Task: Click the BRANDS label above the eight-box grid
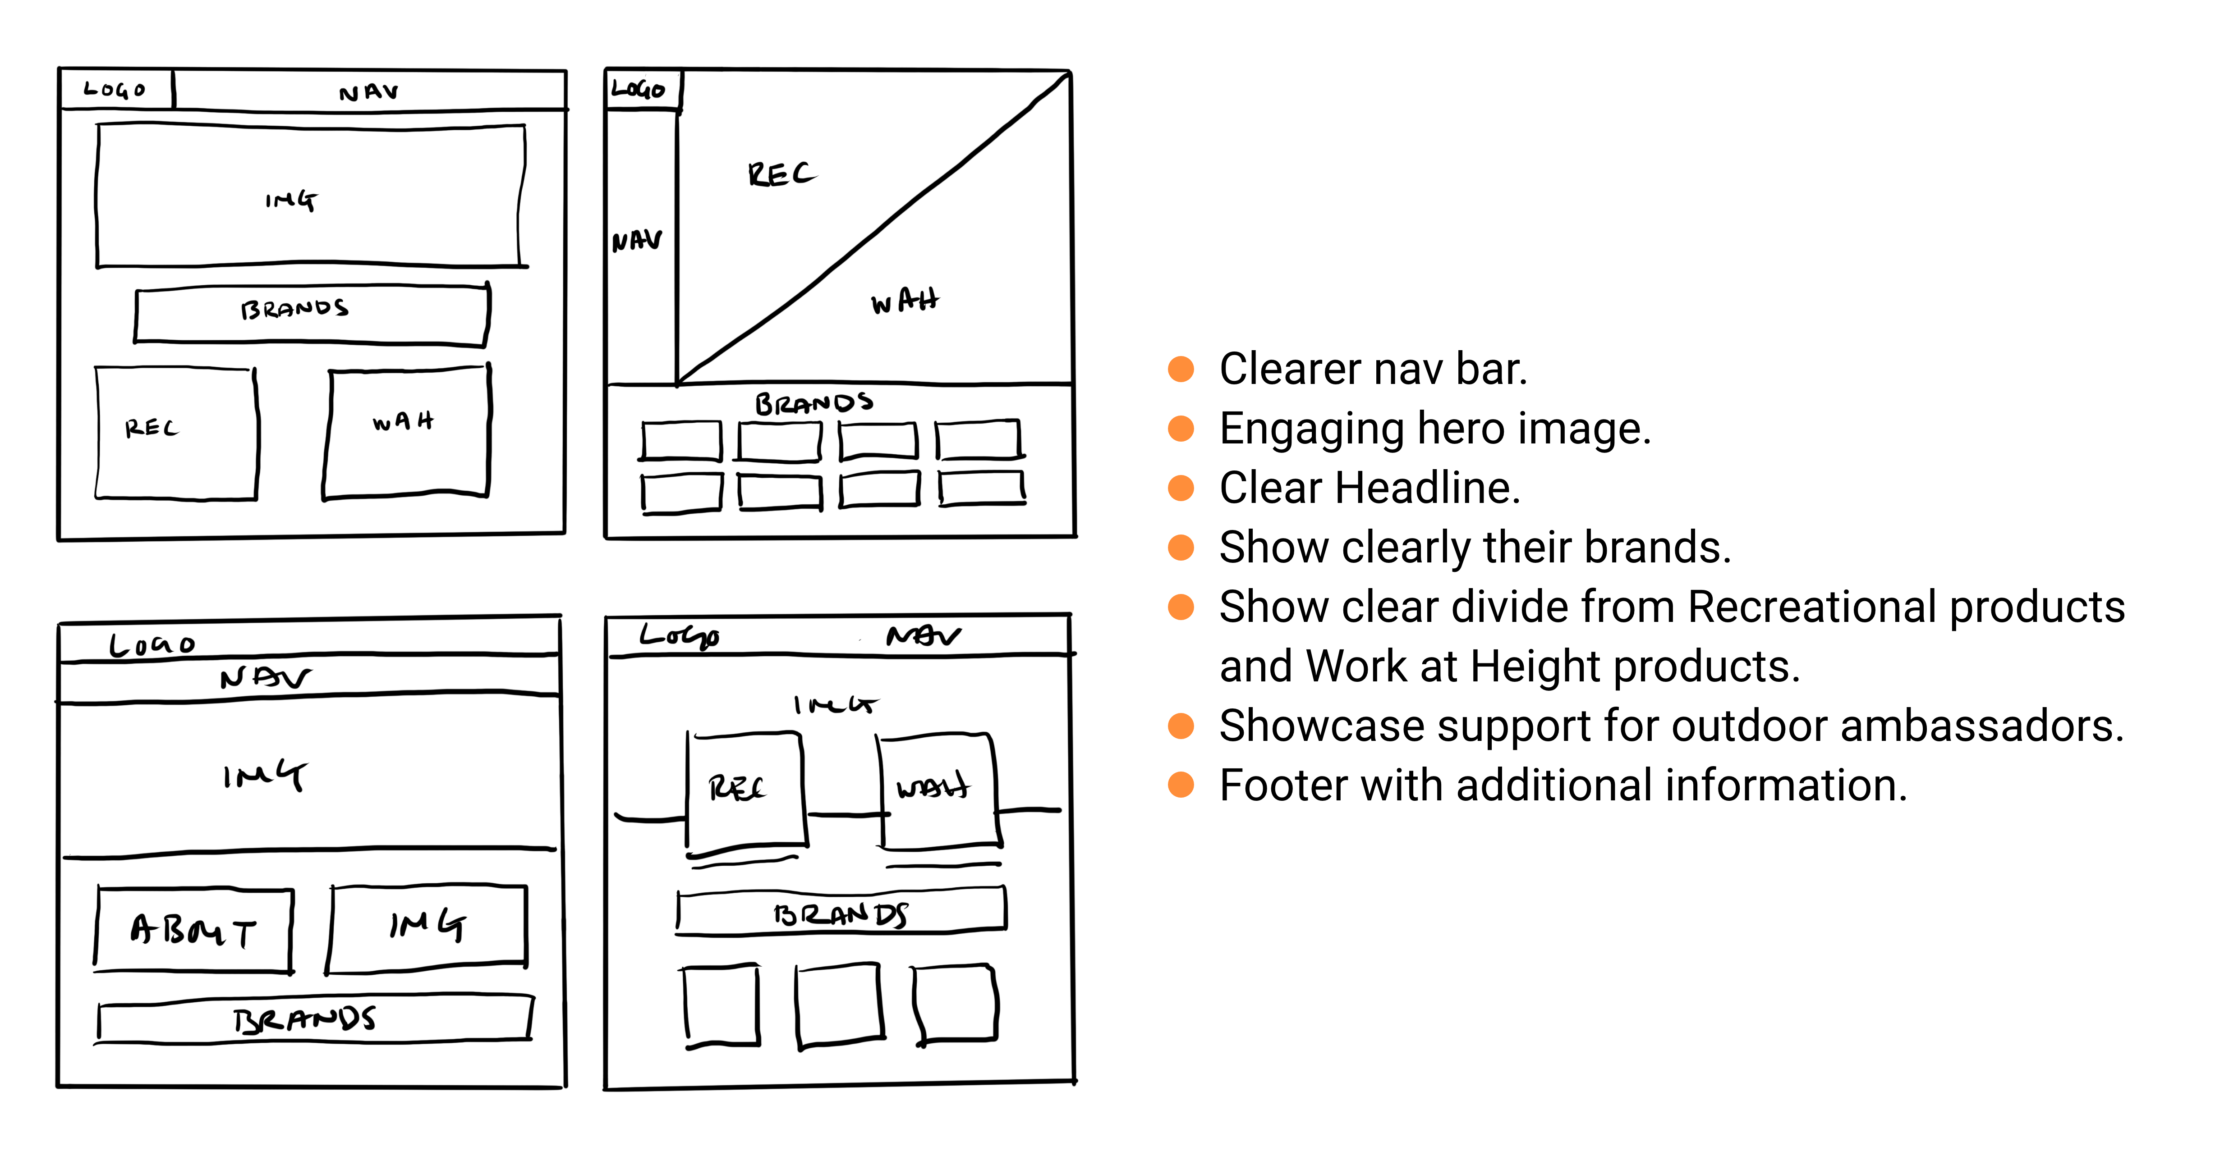coord(813,403)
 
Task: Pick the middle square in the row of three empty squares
coord(839,1005)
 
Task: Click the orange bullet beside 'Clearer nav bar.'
coord(1181,370)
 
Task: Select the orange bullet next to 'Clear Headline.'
coord(1181,488)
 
